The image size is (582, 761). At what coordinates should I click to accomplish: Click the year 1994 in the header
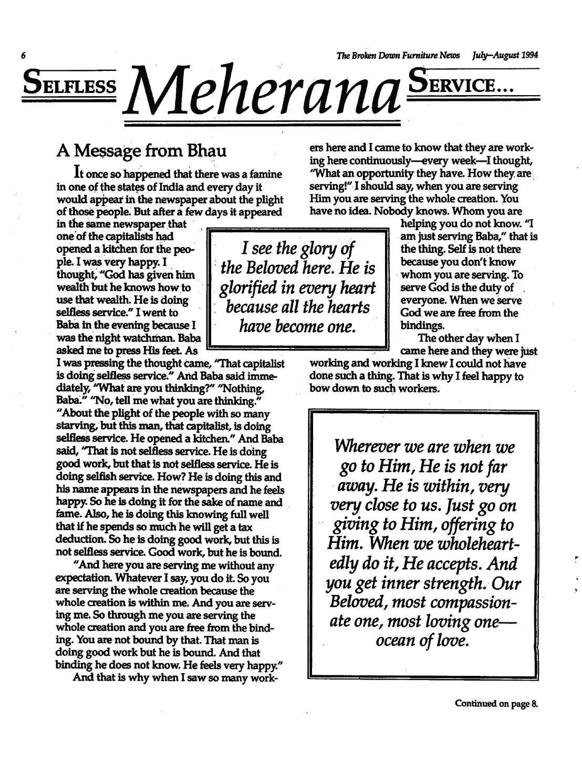click(528, 55)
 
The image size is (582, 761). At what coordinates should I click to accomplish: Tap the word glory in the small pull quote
click(315, 248)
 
